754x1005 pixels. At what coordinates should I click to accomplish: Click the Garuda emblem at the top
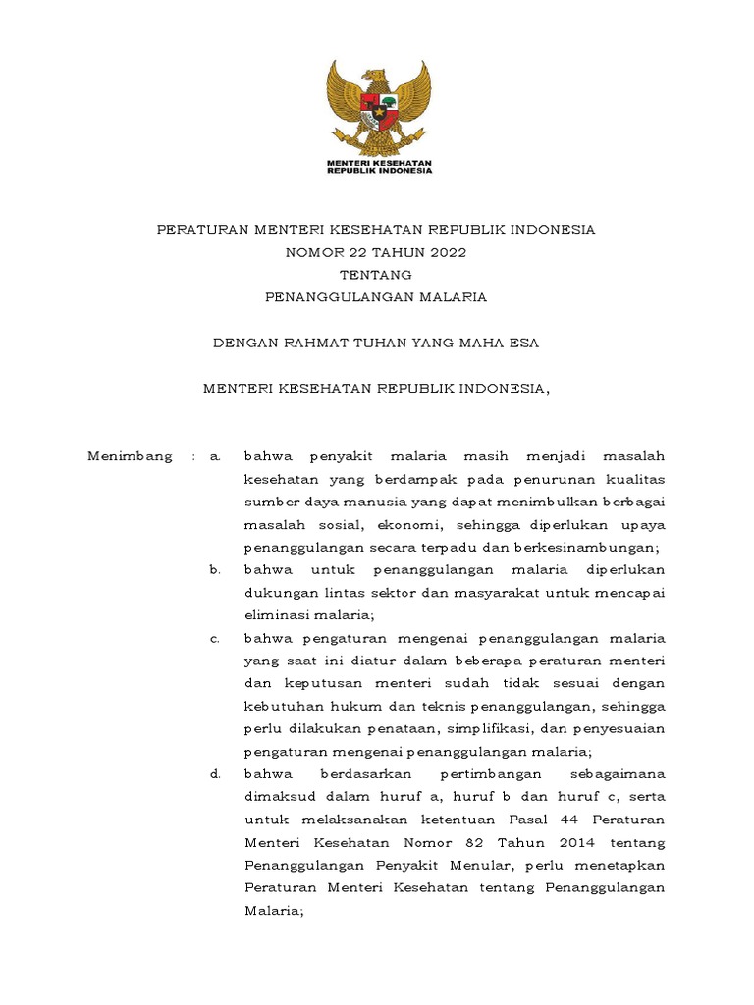378,106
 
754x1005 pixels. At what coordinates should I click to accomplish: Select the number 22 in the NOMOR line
349,252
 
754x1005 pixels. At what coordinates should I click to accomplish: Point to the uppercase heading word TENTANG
376,275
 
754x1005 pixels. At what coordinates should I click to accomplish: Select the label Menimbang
130,456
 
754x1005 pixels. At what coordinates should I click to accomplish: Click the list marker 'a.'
216,456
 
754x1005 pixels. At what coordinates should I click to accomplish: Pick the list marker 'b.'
215,570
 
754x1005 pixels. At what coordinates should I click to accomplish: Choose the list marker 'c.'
215,639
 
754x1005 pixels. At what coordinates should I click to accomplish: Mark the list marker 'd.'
215,774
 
